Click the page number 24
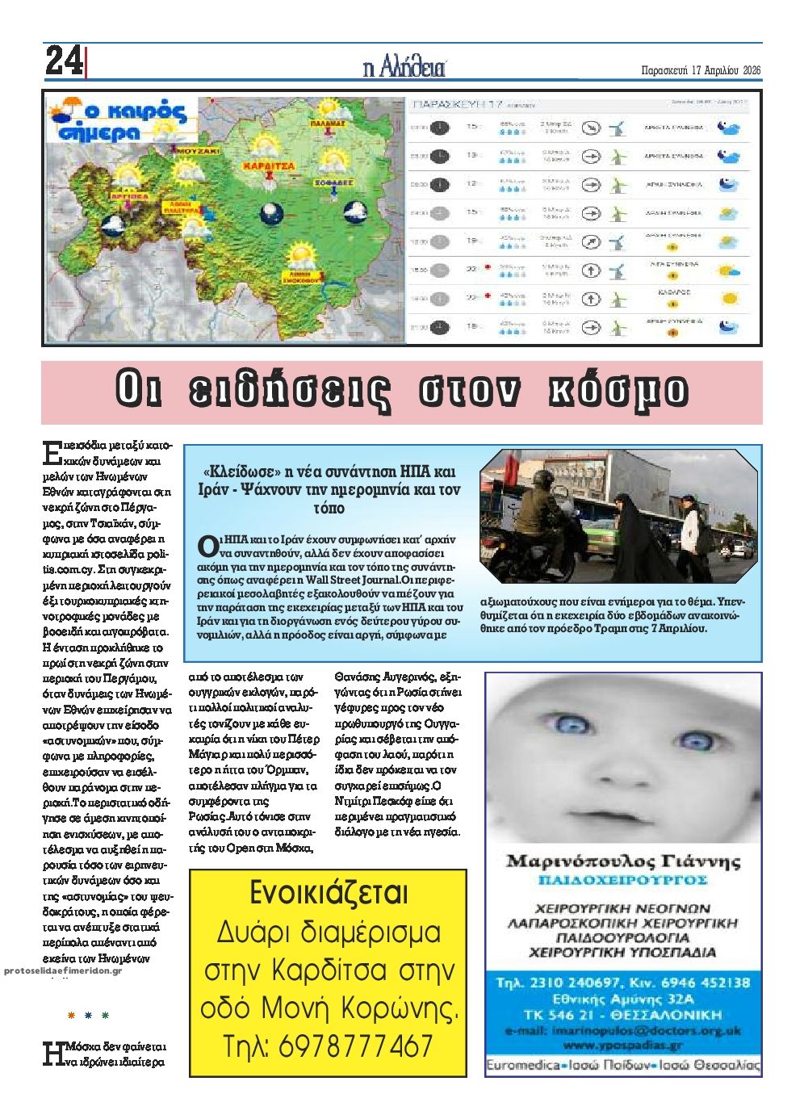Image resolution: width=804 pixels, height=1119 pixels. [63, 61]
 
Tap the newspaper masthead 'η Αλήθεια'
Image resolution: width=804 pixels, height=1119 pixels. [404, 68]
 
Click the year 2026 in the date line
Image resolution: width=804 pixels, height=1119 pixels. [751, 69]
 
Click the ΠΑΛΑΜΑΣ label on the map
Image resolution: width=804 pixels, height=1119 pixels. [328, 124]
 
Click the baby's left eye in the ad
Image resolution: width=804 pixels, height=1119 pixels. [693, 740]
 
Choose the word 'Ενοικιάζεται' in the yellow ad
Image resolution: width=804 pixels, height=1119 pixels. [328, 894]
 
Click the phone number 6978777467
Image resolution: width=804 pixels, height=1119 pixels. [355, 1046]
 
